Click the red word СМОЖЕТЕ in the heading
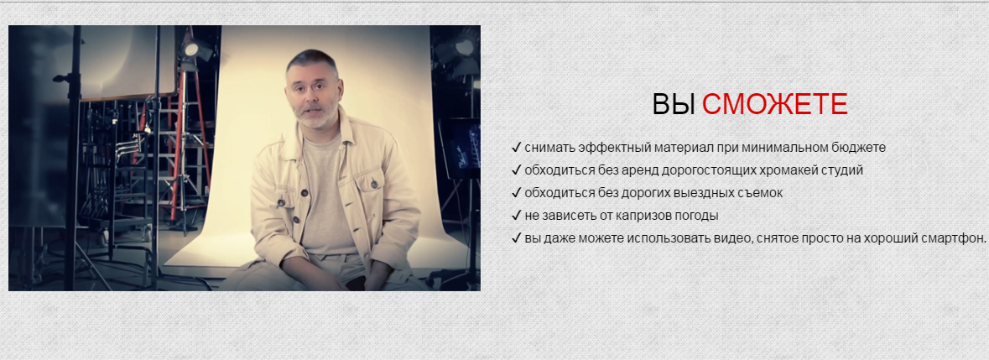[774, 104]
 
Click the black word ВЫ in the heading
[674, 104]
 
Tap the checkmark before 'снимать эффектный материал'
[516, 148]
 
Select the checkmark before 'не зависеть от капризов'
[516, 216]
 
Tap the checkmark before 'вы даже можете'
[516, 238]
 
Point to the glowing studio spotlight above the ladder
[192, 49]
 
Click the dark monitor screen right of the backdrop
[461, 149]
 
